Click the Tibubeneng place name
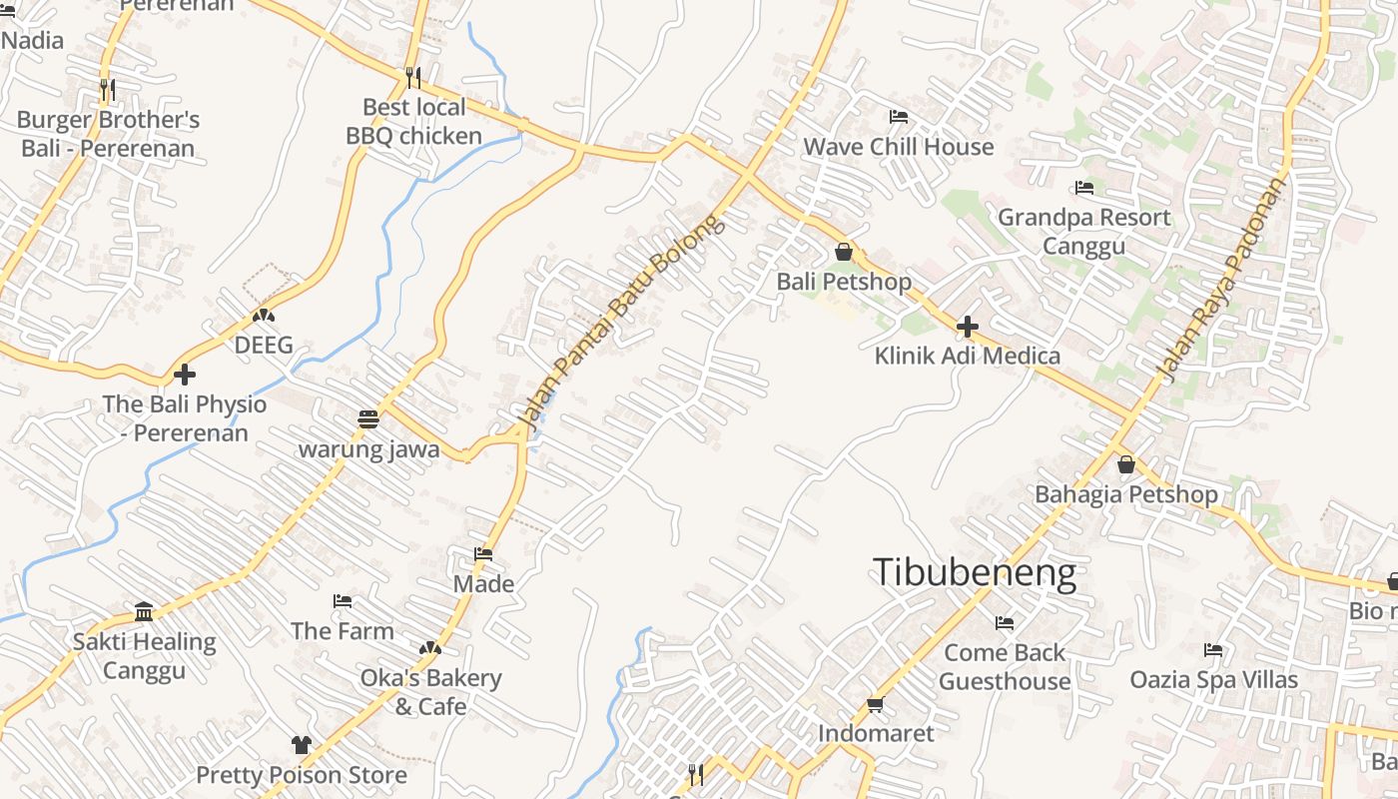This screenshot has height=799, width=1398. coord(975,572)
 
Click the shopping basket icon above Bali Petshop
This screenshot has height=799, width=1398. coord(844,252)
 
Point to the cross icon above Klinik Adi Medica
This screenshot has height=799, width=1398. coord(967,326)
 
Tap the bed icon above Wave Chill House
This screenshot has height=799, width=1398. coord(899,117)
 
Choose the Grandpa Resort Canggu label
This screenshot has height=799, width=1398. coord(1083,232)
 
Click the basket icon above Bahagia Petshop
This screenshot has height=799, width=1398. coord(1126,464)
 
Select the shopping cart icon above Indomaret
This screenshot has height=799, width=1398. coord(876,704)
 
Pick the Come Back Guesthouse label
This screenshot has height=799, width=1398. coord(1005,667)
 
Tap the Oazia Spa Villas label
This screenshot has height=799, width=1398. coord(1213,680)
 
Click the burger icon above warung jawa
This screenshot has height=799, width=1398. coord(368,418)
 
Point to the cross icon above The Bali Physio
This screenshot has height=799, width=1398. coord(185,375)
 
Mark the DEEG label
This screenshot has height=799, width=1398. coord(264,346)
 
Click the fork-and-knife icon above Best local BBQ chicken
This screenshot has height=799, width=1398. coord(413,77)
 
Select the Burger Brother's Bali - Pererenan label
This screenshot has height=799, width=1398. coord(108,135)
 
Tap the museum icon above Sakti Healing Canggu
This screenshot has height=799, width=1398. coord(144,611)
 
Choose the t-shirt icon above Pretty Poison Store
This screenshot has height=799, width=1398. coord(302,744)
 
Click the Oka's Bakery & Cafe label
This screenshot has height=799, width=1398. coord(430,692)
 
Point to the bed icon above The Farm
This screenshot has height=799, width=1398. coord(343,601)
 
